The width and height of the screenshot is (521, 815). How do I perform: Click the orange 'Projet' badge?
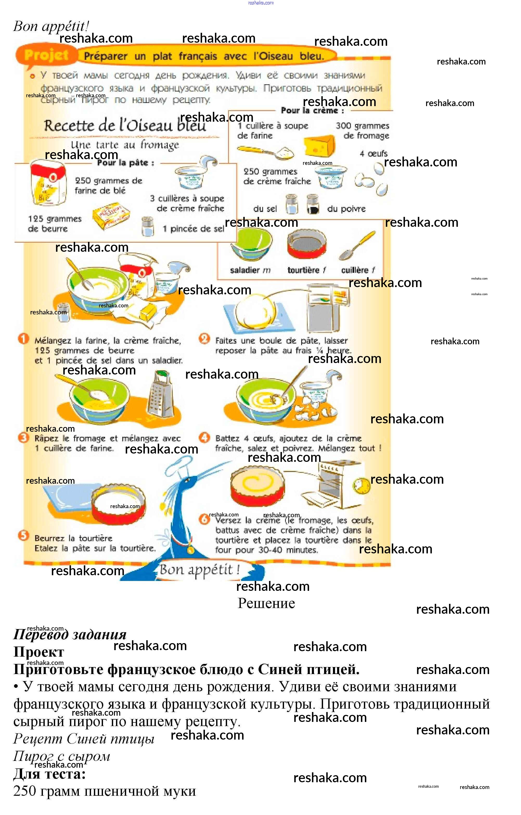(46, 55)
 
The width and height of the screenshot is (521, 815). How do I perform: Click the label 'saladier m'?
(250, 270)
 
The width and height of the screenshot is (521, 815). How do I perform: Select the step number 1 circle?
(23, 339)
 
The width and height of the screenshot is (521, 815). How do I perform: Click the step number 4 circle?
(204, 437)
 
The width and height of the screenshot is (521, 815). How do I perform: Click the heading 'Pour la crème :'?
(312, 111)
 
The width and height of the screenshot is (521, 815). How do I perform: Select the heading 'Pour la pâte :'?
(126, 163)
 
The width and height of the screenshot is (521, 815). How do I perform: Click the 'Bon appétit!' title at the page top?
(51, 26)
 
